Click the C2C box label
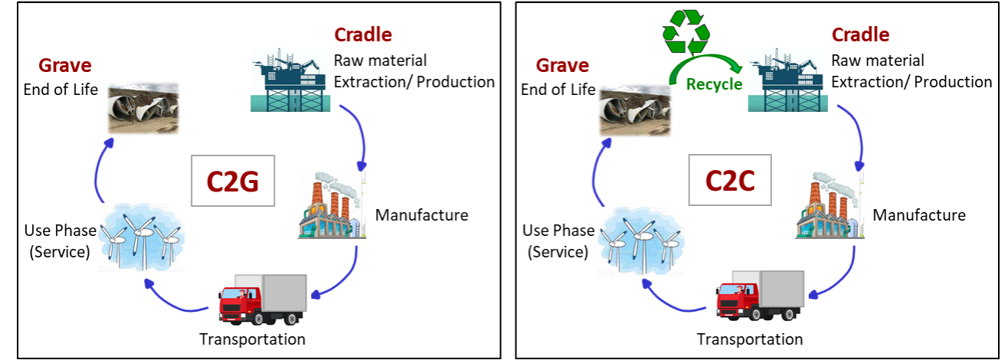[730, 180]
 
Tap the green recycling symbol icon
[686, 31]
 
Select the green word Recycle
[713, 84]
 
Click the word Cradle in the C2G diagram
[362, 34]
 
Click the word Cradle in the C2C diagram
[859, 34]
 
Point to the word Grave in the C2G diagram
[65, 65]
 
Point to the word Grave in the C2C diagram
[562, 65]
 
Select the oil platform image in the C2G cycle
[291, 79]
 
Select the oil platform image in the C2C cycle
[787, 79]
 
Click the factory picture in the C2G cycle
[332, 204]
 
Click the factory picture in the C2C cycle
[829, 204]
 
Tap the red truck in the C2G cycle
[263, 299]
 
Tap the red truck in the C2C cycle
[760, 296]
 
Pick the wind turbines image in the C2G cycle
[142, 237]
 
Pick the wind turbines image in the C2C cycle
[640, 241]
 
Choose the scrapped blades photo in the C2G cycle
[143, 108]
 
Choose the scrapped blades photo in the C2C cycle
[635, 110]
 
